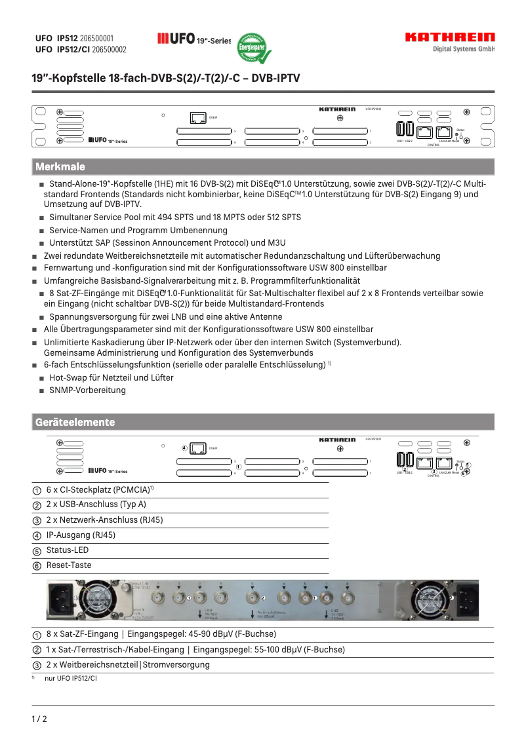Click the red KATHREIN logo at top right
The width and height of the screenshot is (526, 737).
tap(450, 37)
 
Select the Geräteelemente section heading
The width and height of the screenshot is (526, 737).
tap(74, 423)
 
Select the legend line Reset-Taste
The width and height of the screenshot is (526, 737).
tap(69, 565)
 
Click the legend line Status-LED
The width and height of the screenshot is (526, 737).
tap(67, 550)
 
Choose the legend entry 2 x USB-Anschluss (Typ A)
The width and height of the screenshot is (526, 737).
tap(96, 504)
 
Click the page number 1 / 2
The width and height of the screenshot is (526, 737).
tap(39, 719)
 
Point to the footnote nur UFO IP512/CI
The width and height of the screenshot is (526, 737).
tap(71, 679)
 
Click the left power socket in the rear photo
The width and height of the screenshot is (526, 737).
tap(64, 597)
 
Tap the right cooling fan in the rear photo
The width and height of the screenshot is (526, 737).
tap(429, 599)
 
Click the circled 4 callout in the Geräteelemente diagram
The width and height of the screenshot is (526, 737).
tap(184, 448)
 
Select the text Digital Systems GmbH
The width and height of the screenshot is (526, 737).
tap(464, 49)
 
